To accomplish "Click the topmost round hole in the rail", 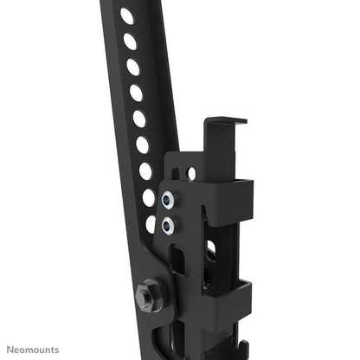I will click(126, 16).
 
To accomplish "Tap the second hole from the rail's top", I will click(130, 41).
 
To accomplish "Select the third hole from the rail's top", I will click(132, 66).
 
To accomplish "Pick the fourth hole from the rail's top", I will click(136, 92).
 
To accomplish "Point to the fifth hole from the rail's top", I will click(139, 118).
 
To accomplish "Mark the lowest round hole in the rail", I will click(151, 222).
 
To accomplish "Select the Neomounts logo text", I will click(35, 350).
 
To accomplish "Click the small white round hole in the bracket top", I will click(191, 174).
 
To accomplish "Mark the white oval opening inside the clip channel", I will click(209, 251).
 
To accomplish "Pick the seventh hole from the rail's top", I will click(145, 170).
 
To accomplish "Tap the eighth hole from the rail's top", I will click(149, 196).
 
